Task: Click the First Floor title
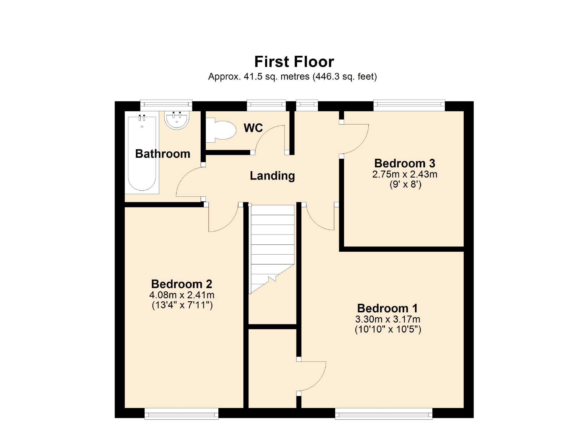coord(294,62)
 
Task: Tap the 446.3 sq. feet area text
coord(345,77)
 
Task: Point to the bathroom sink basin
coord(177,120)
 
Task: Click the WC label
coord(253,128)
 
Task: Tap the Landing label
coord(272,176)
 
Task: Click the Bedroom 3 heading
coord(404,163)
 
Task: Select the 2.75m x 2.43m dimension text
coord(404,174)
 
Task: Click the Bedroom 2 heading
coord(181,284)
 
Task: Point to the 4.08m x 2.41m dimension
coord(181,295)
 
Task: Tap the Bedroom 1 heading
coord(387,308)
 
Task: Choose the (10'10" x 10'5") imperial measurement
coord(388,329)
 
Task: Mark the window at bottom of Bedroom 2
coord(181,414)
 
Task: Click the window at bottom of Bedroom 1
coord(384,414)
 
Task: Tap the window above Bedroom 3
coord(409,105)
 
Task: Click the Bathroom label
coord(163,154)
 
